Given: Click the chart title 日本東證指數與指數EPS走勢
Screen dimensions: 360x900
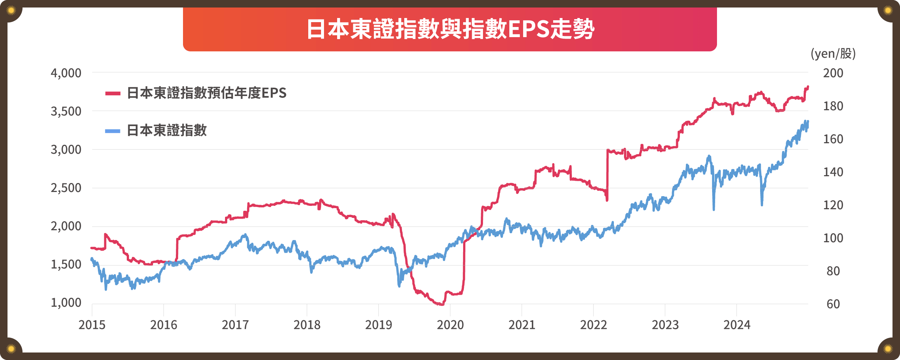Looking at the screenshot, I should [x=450, y=29].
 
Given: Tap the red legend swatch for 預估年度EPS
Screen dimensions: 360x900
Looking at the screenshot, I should [x=112, y=93].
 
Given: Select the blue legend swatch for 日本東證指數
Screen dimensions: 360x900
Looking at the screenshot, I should [x=112, y=131].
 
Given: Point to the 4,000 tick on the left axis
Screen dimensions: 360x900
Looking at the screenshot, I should [x=66, y=73].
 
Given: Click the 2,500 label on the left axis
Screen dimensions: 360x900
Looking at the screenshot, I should [x=66, y=188].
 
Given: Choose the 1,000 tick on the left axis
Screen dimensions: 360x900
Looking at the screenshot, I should [x=66, y=303].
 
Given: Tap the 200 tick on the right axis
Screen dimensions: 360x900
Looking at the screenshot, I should [x=833, y=73].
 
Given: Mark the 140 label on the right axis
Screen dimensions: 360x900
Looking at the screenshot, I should [x=833, y=172].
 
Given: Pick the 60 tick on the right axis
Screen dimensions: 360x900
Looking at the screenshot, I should [x=833, y=304].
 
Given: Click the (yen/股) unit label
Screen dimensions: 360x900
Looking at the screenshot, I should [x=833, y=54].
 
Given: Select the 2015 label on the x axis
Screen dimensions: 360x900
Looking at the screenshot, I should [x=92, y=325].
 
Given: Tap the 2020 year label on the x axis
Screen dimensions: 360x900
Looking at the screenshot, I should [x=450, y=325].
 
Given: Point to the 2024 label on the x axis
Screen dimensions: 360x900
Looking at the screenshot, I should [x=736, y=325].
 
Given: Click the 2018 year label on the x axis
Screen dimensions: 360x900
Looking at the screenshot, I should [x=307, y=325].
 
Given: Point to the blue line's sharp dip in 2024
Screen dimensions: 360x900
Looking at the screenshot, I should [x=762, y=204].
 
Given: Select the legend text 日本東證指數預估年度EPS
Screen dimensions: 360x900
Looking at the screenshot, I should [x=207, y=93].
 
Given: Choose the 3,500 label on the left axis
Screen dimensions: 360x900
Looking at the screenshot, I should [x=66, y=111].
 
